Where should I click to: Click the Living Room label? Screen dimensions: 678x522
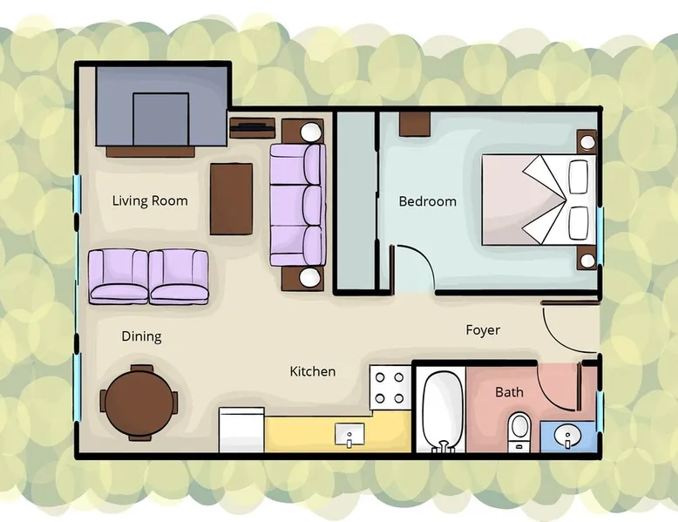[150, 200]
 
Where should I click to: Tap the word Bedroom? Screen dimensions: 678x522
[428, 201]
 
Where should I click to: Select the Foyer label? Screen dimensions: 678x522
[483, 330]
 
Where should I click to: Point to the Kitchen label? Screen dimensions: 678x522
[313, 371]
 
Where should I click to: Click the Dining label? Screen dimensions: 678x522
[141, 336]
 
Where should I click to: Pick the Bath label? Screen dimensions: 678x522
[509, 392]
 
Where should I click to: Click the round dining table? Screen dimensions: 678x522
[139, 403]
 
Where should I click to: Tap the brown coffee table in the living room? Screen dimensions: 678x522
[231, 199]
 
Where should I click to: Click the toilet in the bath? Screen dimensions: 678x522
[519, 430]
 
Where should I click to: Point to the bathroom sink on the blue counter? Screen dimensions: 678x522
[567, 437]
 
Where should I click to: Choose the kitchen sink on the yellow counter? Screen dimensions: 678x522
[349, 435]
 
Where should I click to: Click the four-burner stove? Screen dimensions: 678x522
[390, 388]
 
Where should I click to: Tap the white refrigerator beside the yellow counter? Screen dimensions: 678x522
[241, 430]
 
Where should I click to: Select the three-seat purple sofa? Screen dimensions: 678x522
[298, 205]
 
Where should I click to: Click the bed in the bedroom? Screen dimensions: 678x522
[539, 200]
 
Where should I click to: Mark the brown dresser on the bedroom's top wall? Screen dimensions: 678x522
[415, 124]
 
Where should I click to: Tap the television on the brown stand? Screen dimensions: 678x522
[252, 126]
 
